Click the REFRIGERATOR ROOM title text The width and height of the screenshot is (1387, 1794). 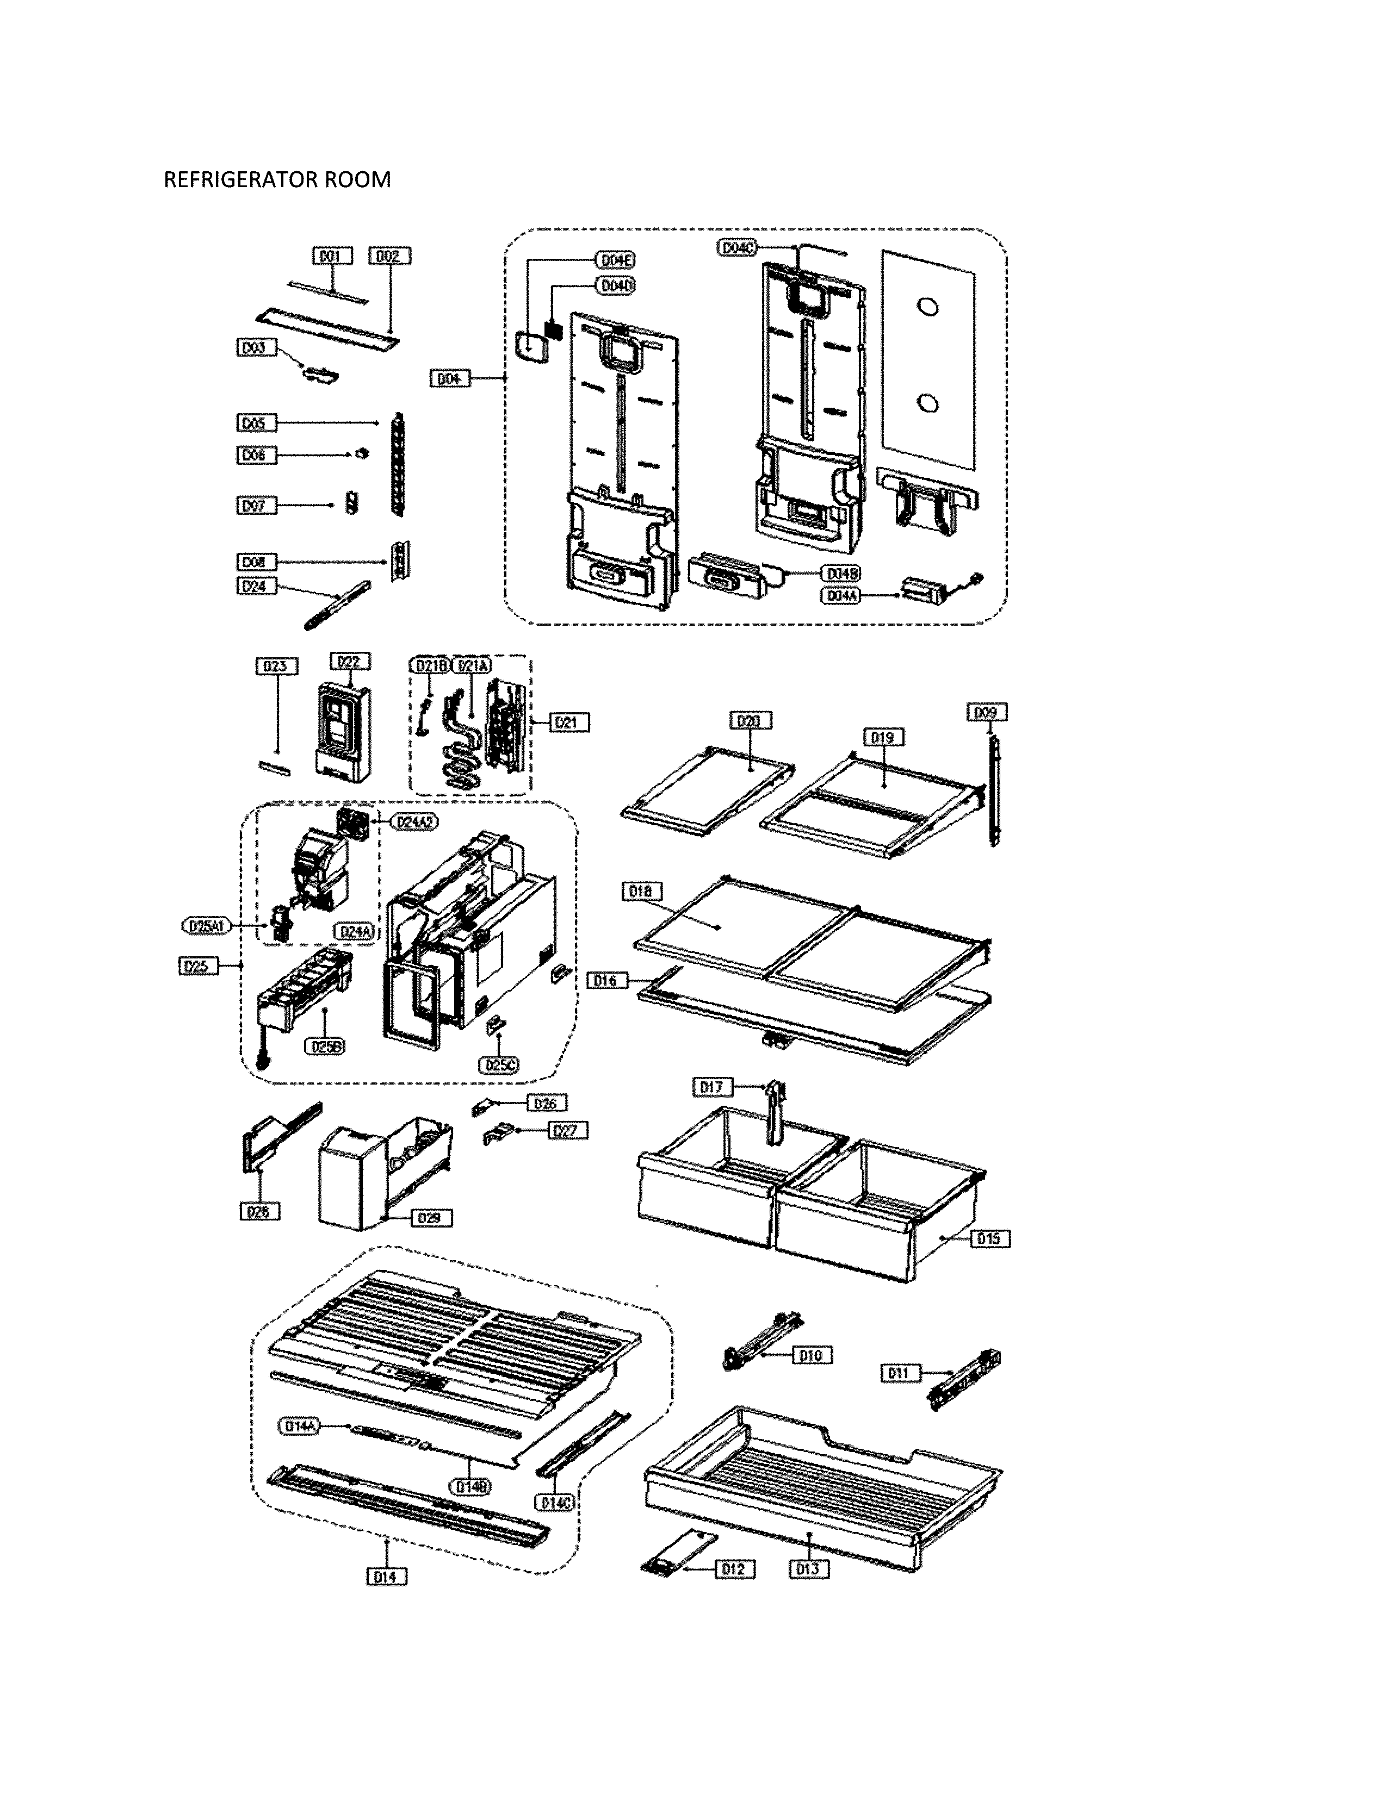click(x=277, y=180)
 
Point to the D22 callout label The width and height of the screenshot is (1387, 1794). click(x=350, y=661)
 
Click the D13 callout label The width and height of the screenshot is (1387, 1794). click(x=808, y=1569)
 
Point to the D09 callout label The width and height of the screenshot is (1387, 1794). click(x=986, y=713)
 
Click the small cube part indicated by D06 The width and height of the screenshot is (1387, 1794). click(x=360, y=453)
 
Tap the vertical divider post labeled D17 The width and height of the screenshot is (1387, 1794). click(x=774, y=1114)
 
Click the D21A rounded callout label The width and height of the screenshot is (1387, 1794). click(x=470, y=666)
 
